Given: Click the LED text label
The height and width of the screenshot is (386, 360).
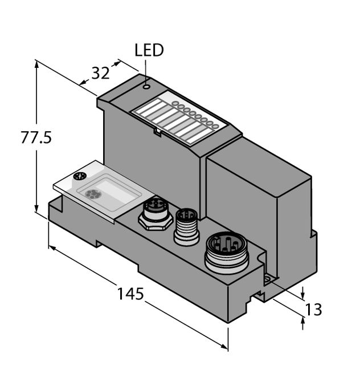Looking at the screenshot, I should (149, 50).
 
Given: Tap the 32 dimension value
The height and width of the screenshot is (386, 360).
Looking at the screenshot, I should (100, 73).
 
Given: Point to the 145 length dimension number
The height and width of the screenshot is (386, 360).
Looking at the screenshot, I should (130, 294).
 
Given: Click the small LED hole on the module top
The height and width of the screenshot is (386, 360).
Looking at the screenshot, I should (146, 87).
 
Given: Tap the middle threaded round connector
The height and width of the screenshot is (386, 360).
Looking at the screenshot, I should (186, 224).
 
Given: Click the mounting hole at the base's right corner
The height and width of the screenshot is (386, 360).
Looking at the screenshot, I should (267, 279).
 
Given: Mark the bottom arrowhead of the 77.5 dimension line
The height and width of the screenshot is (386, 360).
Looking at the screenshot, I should (37, 210).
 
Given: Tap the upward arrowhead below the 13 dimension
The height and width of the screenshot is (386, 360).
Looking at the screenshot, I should (302, 322).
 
